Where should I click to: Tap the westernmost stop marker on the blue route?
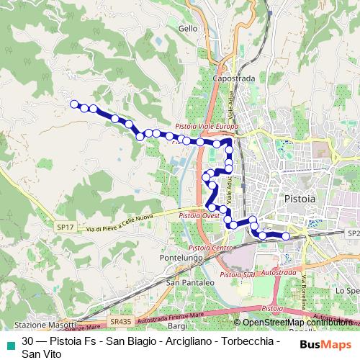click(73, 104)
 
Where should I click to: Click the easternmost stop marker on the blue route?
click(286, 235)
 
